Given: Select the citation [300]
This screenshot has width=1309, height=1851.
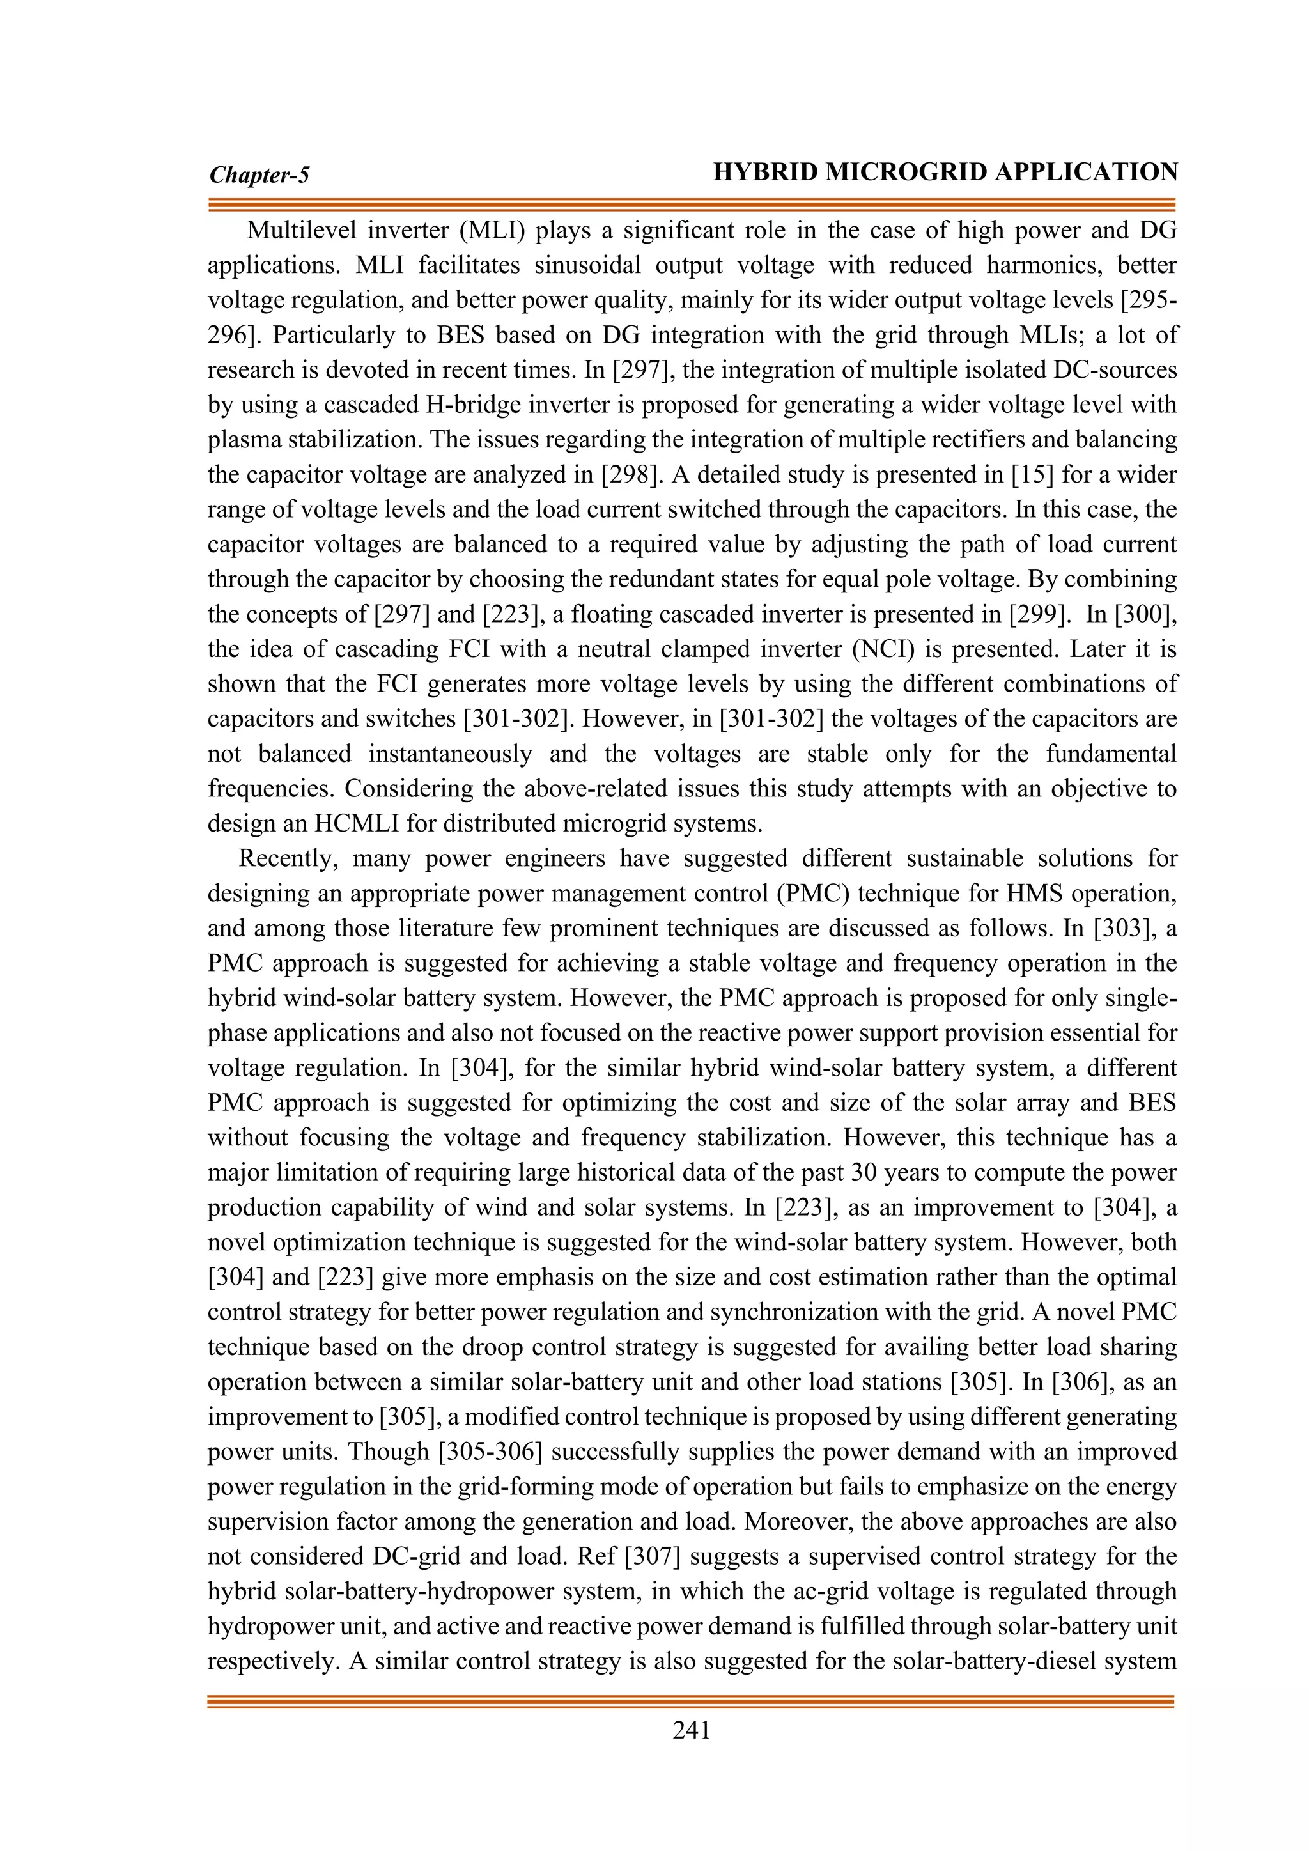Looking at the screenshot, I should [x=1147, y=614].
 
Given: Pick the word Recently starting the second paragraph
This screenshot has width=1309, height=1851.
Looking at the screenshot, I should [x=288, y=858].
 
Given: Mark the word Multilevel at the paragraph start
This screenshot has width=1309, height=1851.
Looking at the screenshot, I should [x=300, y=231].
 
